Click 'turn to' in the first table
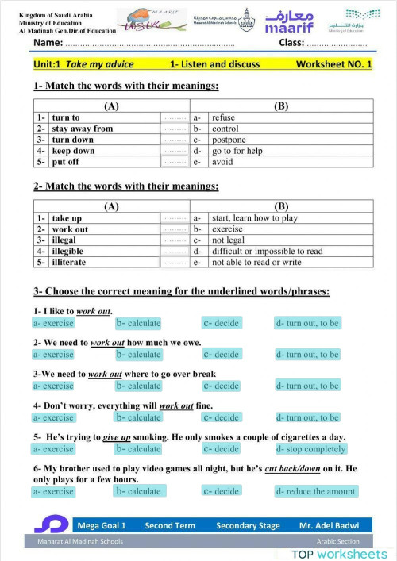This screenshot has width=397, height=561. click(x=66, y=117)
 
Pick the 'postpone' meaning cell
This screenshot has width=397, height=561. click(x=229, y=140)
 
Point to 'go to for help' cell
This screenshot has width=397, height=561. click(x=237, y=151)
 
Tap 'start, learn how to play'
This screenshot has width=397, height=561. click(x=255, y=218)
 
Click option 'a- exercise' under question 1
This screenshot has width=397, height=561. click(x=53, y=323)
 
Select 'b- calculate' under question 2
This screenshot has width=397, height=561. click(x=138, y=354)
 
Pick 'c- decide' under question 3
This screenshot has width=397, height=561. click(x=221, y=386)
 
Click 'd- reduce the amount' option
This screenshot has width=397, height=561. click(x=315, y=491)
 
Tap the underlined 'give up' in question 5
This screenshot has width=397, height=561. click(x=117, y=437)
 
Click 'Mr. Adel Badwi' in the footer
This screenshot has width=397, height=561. click(x=329, y=525)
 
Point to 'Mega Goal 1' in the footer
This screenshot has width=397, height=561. click(x=102, y=525)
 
